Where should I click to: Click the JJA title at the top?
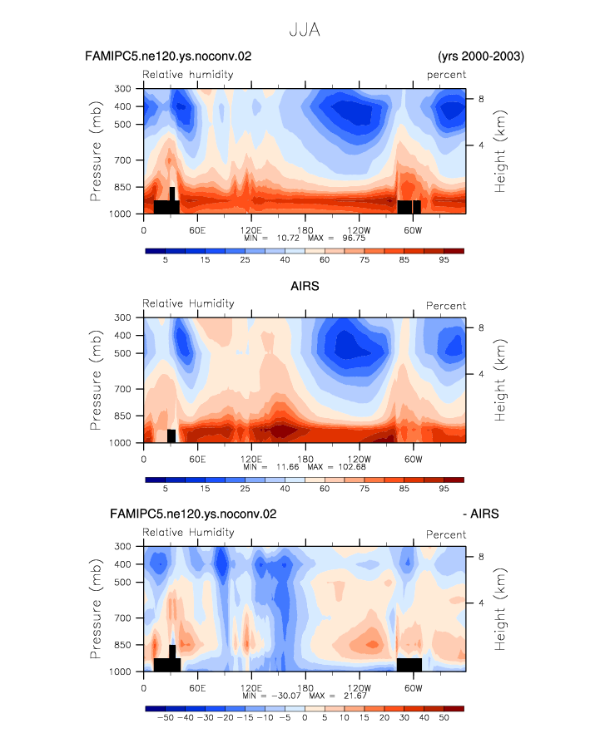305,30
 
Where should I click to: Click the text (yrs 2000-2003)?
481,56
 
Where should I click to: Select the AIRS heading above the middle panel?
305,286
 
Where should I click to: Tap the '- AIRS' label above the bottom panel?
481,514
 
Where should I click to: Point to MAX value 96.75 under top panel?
354,239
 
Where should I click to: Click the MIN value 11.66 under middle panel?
288,467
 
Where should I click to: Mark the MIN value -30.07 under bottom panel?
286,696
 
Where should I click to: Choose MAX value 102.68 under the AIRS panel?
352,467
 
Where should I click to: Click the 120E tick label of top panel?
250,230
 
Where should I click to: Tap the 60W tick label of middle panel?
413,459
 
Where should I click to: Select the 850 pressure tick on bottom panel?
122,645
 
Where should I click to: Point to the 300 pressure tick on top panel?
122,88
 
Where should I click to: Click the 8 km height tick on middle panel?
481,327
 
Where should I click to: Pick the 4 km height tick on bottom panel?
481,603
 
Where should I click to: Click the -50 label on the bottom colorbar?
166,718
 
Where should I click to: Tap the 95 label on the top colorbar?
444,260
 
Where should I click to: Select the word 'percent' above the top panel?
446,75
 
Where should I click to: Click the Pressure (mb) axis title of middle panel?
96,380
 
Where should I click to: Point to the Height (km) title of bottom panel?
499,609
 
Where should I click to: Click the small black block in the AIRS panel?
171,435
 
